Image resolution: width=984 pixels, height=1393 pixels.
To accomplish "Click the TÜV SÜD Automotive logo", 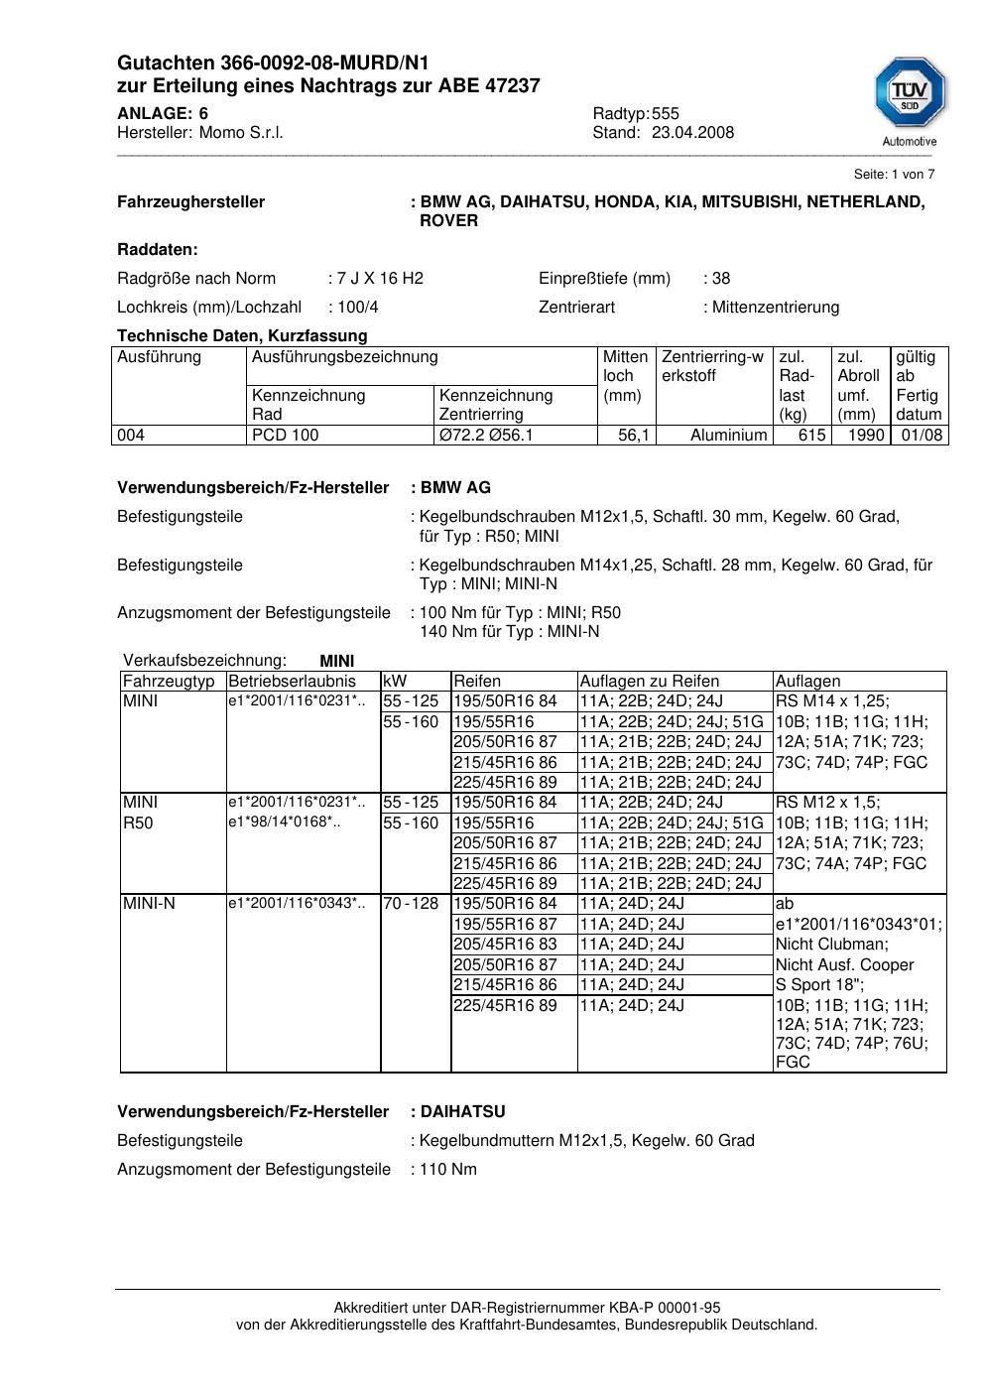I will [x=910, y=101].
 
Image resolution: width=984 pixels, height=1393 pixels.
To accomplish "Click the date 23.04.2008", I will [x=692, y=133].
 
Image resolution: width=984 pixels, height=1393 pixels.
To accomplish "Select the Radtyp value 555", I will [x=666, y=114].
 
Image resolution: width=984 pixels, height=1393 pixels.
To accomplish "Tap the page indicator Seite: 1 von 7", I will [x=894, y=175].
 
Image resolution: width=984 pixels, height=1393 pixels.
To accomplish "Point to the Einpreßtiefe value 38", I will [x=721, y=279].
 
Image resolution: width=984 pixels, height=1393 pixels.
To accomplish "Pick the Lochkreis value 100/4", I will [x=358, y=308].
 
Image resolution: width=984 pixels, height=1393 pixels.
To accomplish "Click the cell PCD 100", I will [x=286, y=436].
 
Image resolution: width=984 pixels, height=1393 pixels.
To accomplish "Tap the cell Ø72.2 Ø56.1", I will [x=486, y=436].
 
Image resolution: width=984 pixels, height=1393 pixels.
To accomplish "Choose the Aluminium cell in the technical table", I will [x=728, y=436].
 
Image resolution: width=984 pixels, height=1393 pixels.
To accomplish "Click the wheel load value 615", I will [x=811, y=436].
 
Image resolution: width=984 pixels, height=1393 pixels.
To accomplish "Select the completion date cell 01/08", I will [x=922, y=436].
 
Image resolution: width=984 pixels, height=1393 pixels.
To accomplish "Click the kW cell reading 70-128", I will [x=411, y=904].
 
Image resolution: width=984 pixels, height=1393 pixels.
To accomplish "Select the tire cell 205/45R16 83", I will [x=505, y=945].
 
